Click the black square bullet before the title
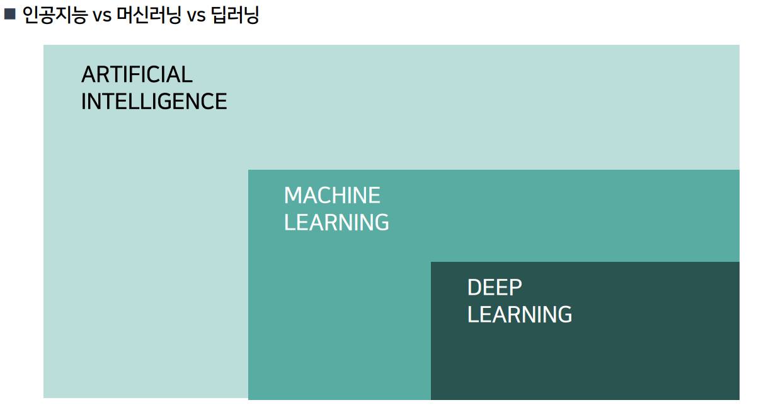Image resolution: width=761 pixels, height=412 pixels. pos(9,14)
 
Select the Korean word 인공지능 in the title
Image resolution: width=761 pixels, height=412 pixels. pos(54,15)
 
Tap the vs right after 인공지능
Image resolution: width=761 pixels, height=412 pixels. pos(102,15)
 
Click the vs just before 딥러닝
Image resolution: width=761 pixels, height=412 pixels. pos(197,15)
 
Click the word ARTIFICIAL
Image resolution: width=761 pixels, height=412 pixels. pos(137,74)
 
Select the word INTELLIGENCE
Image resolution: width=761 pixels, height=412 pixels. pos(154,102)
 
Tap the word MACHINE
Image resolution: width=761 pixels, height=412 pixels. pos(332,196)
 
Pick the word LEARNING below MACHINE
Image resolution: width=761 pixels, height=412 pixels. pos(336,223)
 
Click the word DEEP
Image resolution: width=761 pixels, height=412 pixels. pos(495,288)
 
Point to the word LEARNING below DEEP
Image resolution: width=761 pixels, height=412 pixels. pos(520,314)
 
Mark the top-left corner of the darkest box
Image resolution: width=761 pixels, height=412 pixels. pos(432,262)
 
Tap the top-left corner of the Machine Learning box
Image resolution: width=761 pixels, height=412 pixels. pos(249,170)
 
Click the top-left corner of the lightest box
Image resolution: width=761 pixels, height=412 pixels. pos(44,45)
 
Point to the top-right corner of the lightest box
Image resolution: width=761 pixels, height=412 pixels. pos(738,45)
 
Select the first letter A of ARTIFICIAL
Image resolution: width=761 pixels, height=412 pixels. pos(88,74)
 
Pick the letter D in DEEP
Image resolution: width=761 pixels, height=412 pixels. pos(474,288)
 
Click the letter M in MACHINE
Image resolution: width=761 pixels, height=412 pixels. pos(292,196)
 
